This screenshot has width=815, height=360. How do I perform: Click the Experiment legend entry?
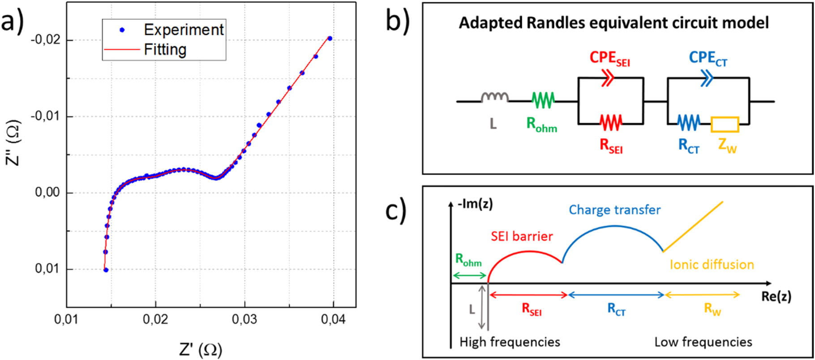183,30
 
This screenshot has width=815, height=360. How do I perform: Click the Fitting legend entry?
165,49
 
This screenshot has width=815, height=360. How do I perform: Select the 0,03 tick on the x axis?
244,320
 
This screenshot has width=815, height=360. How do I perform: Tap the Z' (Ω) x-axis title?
200,350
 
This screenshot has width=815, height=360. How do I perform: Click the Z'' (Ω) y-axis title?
13,142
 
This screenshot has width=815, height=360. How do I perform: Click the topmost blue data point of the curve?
330,39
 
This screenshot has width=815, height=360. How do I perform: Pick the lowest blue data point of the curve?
106,270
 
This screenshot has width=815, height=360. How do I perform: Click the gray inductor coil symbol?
495,98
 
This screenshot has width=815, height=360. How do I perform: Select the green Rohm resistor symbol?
543,101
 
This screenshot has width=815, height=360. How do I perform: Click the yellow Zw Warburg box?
725,124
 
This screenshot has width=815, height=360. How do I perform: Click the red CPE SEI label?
609,58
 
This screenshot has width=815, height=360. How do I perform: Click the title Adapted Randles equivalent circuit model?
613,22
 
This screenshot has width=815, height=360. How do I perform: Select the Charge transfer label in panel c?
614,210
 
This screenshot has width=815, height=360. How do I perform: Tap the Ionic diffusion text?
712,264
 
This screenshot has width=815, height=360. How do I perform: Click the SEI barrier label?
522,236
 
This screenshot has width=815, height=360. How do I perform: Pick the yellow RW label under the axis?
712,309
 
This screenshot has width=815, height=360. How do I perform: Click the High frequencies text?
510,342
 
